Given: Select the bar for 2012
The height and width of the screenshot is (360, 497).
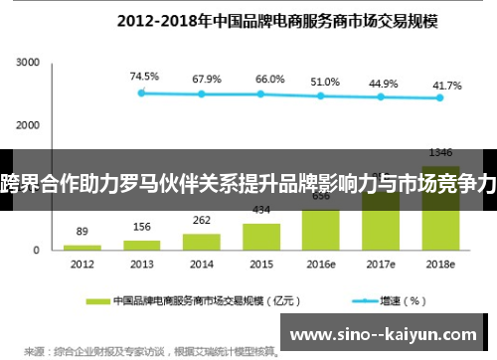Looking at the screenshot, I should tap(82, 246).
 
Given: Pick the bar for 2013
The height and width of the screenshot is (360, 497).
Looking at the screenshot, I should tap(142, 244).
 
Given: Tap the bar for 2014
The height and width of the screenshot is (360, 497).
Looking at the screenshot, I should tap(202, 241).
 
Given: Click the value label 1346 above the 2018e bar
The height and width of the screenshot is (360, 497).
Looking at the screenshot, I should tap(440, 152).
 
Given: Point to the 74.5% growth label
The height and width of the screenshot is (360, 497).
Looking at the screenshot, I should tap(144, 76).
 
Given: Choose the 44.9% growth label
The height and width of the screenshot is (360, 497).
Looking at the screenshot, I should tap(383, 84).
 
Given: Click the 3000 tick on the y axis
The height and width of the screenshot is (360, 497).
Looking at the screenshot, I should tap(27, 63).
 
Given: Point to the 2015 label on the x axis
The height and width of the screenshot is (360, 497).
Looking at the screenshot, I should tap(261, 265).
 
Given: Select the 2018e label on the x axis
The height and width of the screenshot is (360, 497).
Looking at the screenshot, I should tap(440, 265).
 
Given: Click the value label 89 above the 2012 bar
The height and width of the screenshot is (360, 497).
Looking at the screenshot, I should tap(82, 231).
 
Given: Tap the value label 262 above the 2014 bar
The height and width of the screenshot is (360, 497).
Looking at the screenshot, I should tap(202, 221).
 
